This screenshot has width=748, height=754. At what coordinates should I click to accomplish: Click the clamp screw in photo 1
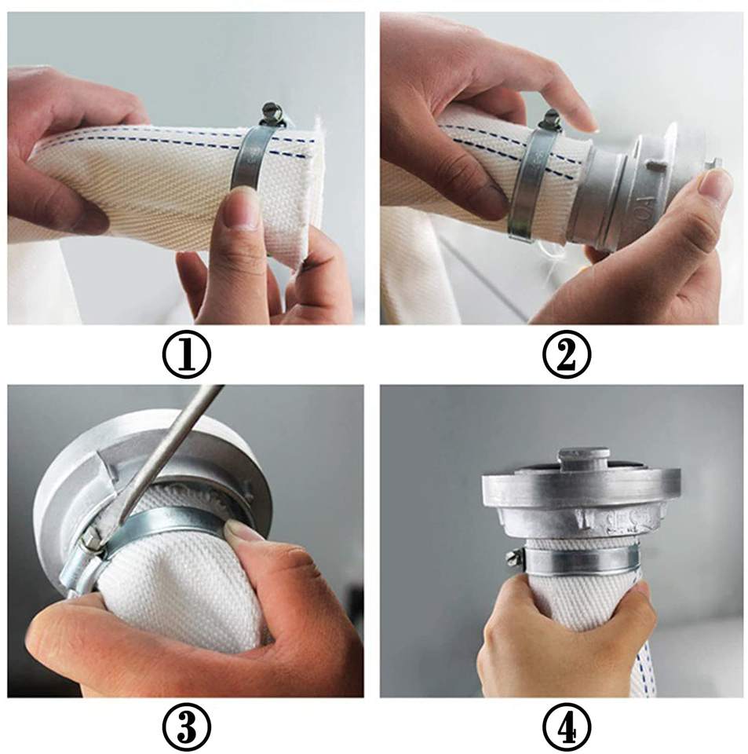(x=272, y=115)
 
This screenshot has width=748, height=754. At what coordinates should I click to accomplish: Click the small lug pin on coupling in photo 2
(x=652, y=164)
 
